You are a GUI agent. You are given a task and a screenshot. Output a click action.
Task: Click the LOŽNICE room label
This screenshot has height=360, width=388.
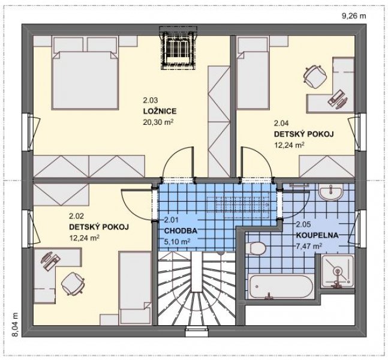(160, 111)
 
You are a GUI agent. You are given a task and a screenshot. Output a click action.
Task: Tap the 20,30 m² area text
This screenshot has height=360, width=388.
(158, 122)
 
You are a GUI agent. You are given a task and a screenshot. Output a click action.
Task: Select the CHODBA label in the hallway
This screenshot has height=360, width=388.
(181, 231)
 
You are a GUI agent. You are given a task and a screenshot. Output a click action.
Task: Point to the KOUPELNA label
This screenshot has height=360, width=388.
(317, 235)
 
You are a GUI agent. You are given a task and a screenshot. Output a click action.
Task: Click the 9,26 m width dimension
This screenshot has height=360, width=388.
(354, 16)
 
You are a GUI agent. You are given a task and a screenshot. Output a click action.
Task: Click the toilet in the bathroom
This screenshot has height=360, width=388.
(256, 248)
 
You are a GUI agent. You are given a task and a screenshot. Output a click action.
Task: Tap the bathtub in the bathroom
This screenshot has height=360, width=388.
(281, 286)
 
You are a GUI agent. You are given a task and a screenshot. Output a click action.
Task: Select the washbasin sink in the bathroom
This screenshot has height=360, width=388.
(330, 191)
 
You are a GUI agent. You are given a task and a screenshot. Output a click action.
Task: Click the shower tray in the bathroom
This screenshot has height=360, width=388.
(337, 271)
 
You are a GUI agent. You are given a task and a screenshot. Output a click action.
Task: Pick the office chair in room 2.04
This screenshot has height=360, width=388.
(314, 76)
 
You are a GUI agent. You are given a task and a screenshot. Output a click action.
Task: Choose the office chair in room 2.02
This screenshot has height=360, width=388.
(73, 283)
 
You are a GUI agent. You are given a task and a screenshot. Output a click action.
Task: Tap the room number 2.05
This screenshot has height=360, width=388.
(303, 224)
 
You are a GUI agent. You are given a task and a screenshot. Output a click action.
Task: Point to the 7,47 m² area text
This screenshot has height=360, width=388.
(309, 246)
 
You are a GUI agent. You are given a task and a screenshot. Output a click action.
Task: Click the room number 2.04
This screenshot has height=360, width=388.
(281, 123)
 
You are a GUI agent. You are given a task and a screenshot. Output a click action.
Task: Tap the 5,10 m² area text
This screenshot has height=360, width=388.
(177, 241)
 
